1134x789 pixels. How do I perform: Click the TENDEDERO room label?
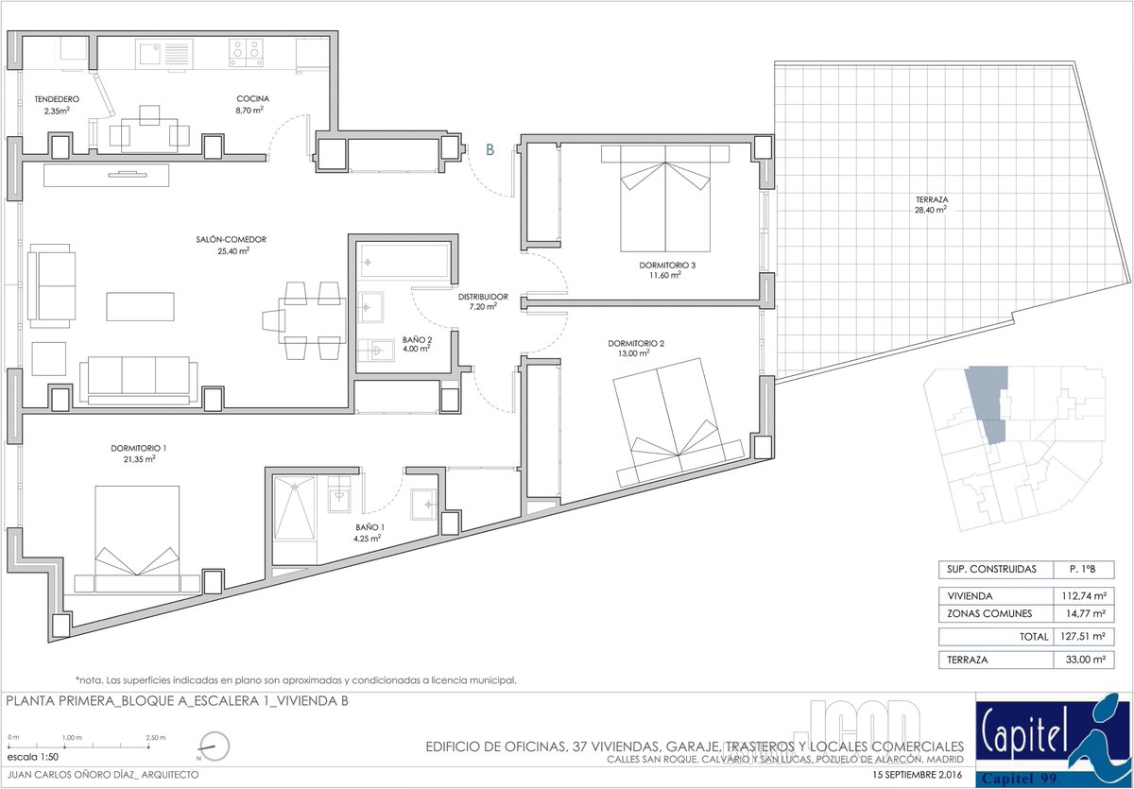(x=57, y=99)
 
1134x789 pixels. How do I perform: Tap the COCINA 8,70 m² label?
(x=252, y=104)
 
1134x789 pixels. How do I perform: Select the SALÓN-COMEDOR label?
(x=231, y=239)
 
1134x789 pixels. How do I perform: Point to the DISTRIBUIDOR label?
(x=483, y=297)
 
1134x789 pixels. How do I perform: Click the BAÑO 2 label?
(x=417, y=339)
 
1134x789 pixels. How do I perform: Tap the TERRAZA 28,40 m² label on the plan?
(x=932, y=204)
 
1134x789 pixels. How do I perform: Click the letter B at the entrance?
(x=490, y=150)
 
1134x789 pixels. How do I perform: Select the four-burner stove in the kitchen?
(x=246, y=53)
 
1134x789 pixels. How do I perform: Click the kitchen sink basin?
(x=150, y=54)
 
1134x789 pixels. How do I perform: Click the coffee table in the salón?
(x=140, y=307)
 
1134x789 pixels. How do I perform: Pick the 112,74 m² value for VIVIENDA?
(x=1084, y=596)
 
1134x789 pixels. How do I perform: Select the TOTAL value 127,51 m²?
(x=1083, y=637)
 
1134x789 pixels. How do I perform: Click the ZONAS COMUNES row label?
(x=989, y=614)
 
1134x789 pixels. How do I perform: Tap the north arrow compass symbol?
(x=215, y=746)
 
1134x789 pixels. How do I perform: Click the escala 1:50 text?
(x=33, y=757)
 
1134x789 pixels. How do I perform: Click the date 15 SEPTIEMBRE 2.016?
(x=918, y=775)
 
